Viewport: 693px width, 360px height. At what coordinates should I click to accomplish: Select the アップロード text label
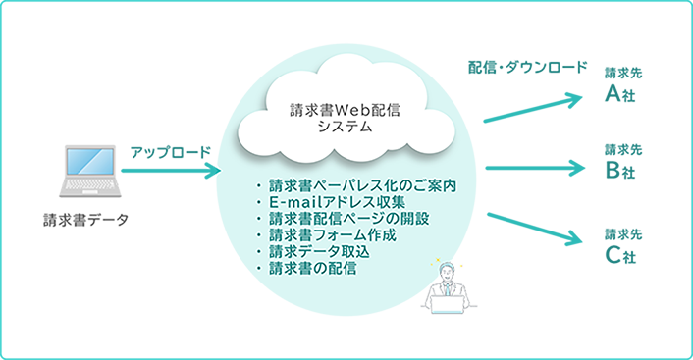171,153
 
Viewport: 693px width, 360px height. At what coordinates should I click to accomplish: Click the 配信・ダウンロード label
527,69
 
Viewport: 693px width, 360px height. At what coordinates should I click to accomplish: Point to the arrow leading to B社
535,167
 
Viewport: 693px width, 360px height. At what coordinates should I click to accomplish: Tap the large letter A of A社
613,94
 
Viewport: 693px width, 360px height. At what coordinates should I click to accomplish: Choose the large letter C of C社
613,258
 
